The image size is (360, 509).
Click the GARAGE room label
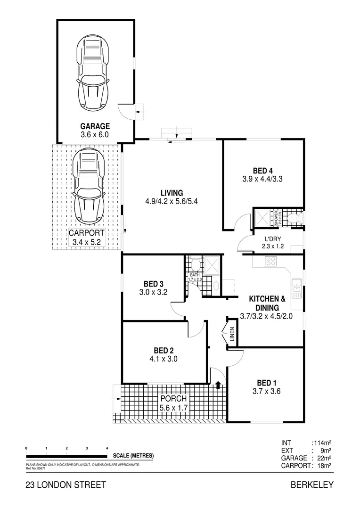pyautogui.click(x=95, y=126)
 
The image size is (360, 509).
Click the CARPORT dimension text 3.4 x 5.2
pyautogui.click(x=87, y=242)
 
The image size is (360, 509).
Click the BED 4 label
pyautogui.click(x=262, y=171)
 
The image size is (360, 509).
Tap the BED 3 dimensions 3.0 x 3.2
pyautogui.click(x=154, y=292)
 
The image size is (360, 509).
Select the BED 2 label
pyautogui.click(x=164, y=350)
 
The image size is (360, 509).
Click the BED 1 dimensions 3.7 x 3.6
pyautogui.click(x=266, y=390)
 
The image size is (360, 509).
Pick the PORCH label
pyautogui.click(x=173, y=399)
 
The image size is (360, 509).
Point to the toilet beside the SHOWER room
pyautogui.click(x=294, y=218)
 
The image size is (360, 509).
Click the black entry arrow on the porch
pyautogui.click(x=218, y=385)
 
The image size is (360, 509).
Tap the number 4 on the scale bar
pyautogui.click(x=107, y=448)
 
